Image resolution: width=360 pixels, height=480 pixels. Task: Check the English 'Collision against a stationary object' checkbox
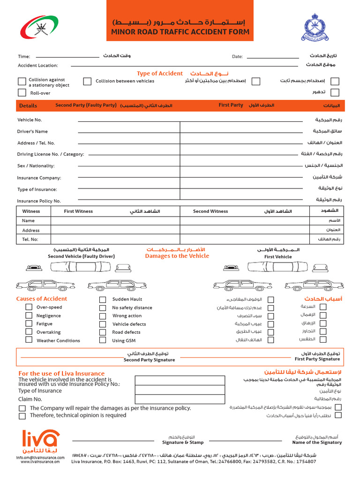click(x=22, y=82)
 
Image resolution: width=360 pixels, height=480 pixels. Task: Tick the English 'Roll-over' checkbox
click(x=22, y=93)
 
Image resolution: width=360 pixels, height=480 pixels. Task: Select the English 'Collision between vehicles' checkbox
click(x=87, y=82)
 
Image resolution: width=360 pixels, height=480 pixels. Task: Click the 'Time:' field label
click(x=24, y=57)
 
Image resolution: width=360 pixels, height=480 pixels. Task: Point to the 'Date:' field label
click(x=237, y=57)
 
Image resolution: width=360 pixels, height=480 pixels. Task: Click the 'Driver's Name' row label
click(x=32, y=132)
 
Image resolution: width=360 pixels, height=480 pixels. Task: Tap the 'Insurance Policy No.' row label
click(x=39, y=201)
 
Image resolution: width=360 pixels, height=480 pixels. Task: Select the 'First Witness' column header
click(x=78, y=211)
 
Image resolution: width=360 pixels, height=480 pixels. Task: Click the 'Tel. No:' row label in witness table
click(x=30, y=239)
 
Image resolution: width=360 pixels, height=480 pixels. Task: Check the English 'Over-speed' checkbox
click(x=29, y=307)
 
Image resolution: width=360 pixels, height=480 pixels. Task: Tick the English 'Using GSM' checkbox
click(x=103, y=341)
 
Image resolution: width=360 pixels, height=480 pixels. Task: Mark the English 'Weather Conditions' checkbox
click(x=29, y=341)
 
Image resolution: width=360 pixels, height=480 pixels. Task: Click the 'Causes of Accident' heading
click(x=42, y=299)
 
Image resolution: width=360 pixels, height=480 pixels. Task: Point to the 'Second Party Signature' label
click(x=149, y=360)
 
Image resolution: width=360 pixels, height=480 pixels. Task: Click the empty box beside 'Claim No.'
click(x=167, y=399)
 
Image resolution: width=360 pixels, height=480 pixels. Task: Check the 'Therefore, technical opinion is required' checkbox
click(x=22, y=416)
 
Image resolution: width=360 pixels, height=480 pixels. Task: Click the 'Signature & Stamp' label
click(x=183, y=442)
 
